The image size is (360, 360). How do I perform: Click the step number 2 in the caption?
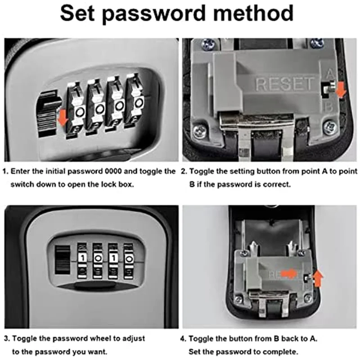183,172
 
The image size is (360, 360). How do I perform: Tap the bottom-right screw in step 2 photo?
330,127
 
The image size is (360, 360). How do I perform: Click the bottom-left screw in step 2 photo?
198,131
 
